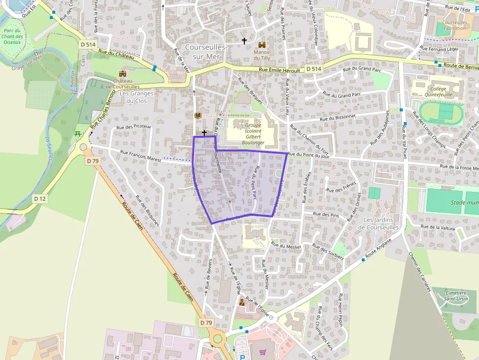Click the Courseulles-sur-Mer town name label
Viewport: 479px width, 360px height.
(206, 52)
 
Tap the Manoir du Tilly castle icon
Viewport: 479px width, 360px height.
(261, 43)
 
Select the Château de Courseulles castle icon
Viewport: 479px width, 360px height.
(122, 73)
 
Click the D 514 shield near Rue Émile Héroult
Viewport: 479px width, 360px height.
(314, 69)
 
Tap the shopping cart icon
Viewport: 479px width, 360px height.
(263, 352)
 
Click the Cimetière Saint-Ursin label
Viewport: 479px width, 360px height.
(449, 296)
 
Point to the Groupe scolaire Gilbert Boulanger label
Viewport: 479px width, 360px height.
(253, 134)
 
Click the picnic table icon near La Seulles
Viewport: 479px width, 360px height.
(77, 134)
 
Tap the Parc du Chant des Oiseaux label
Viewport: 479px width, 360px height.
(12, 36)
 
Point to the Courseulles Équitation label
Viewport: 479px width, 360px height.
(455, 25)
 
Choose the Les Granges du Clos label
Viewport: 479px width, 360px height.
(136, 97)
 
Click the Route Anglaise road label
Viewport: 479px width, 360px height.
(379, 250)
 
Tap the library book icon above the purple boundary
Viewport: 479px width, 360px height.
(197, 115)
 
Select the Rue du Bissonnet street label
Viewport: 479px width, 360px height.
(337, 118)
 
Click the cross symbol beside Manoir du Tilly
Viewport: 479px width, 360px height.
(244, 41)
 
